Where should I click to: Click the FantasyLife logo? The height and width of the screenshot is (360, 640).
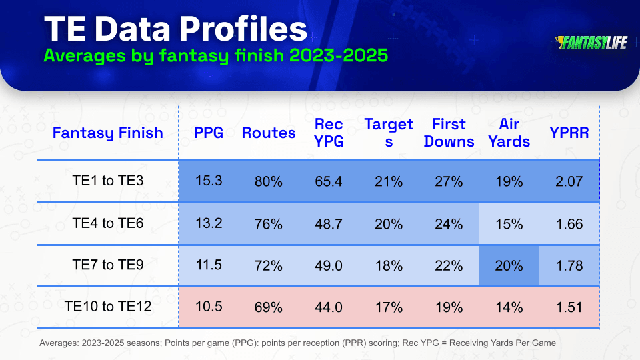pos(591,43)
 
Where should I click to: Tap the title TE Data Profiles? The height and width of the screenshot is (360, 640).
pos(175,29)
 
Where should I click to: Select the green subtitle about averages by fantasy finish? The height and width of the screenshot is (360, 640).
pos(215,55)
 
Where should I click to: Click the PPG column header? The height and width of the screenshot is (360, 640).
pos(209,133)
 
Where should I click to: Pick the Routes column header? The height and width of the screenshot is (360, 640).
pos(269,133)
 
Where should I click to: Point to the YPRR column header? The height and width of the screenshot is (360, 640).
pos(569,133)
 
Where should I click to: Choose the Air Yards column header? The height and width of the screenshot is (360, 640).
pos(509,133)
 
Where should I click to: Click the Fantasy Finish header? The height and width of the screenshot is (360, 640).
pos(108,133)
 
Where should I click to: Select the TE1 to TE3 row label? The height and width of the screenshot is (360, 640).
pos(108,181)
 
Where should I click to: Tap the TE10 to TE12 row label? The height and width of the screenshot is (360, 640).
pos(108,306)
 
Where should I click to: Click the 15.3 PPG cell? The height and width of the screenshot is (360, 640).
pos(209,181)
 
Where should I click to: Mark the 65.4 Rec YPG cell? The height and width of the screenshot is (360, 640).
pos(329,181)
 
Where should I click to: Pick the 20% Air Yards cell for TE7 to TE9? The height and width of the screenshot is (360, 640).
pos(509,266)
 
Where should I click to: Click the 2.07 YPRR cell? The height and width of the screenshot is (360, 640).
pos(569,181)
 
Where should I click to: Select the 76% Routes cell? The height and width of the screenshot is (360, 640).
pos(269,224)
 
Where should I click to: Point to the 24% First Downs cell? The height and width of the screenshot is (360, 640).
pos(449,224)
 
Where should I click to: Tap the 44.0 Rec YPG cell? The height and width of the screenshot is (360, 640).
pos(329,307)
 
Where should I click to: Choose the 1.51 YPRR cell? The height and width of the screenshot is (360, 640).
pos(569,307)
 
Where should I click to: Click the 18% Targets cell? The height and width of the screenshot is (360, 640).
pos(389,266)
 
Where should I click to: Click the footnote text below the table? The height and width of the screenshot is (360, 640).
pos(297,343)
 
